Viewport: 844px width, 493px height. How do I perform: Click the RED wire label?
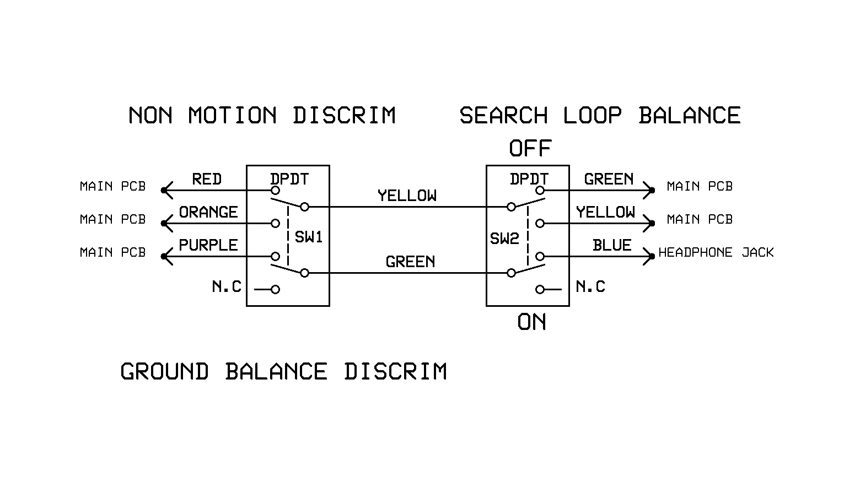pyautogui.click(x=207, y=179)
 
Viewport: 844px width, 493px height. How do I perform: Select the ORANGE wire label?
pyautogui.click(x=208, y=212)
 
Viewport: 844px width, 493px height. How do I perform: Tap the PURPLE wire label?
pyautogui.click(x=208, y=245)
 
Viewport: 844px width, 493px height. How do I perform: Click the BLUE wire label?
pyautogui.click(x=612, y=245)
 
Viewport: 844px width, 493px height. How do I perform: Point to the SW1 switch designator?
pyautogui.click(x=309, y=237)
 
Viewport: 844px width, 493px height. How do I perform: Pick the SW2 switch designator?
pyautogui.click(x=504, y=239)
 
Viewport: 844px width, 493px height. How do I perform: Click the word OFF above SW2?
pyautogui.click(x=530, y=148)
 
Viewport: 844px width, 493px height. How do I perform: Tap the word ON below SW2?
pyautogui.click(x=531, y=322)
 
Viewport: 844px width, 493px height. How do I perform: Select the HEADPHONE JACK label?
pyautogui.click(x=716, y=252)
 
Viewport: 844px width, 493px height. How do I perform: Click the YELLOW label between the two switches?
pyautogui.click(x=407, y=196)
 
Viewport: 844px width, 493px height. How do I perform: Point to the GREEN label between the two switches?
pyautogui.click(x=410, y=262)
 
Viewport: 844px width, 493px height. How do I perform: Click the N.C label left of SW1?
pyautogui.click(x=227, y=286)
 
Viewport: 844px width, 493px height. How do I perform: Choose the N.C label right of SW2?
pyautogui.click(x=590, y=286)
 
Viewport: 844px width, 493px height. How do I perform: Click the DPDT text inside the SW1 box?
pyautogui.click(x=289, y=179)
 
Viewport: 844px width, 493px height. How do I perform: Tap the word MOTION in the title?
pyautogui.click(x=232, y=116)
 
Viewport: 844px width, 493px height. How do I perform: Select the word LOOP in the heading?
pyautogui.click(x=593, y=116)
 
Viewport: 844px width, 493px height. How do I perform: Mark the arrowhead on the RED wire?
pyautogui.click(x=168, y=191)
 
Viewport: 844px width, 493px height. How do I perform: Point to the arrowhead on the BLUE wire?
pyautogui.click(x=648, y=256)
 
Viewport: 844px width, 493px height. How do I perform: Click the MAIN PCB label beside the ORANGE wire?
pyautogui.click(x=113, y=219)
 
